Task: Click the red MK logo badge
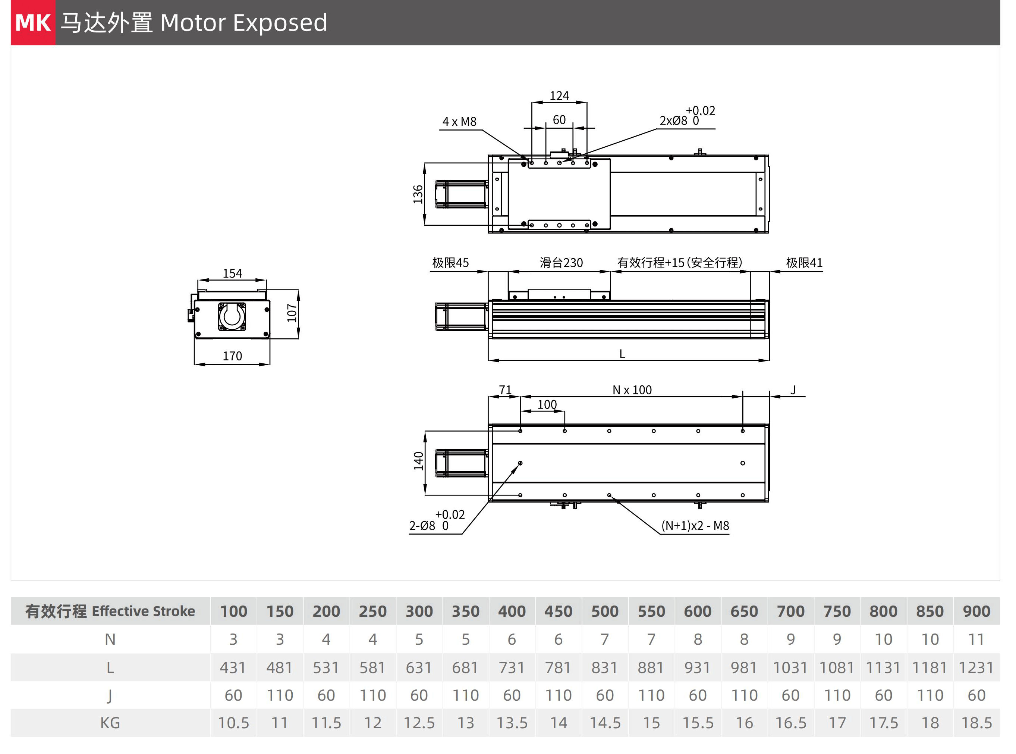[33, 22]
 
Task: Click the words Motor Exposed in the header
[243, 23]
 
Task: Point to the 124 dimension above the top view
[559, 96]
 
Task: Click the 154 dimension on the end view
[232, 273]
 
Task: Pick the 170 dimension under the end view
[232, 356]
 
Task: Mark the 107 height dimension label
[292, 313]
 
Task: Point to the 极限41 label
[804, 263]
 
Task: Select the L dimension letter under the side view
[622, 354]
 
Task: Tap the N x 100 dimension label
[632, 390]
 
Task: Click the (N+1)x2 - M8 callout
[695, 526]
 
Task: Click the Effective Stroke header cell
[110, 611]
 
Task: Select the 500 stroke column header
[605, 611]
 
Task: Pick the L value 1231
[976, 668]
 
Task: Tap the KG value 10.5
[233, 723]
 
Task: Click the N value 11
[976, 639]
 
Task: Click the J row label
[110, 695]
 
